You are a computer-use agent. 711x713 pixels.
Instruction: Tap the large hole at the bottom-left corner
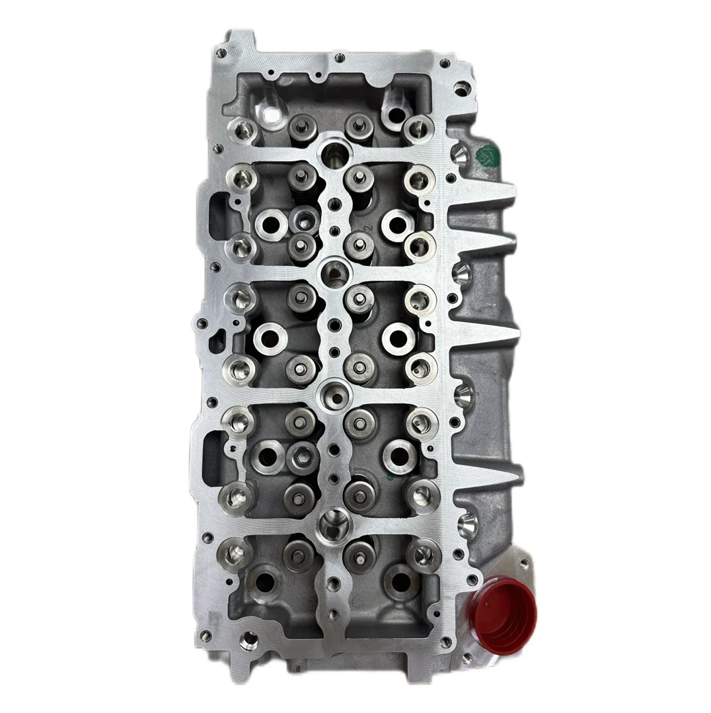(249, 640)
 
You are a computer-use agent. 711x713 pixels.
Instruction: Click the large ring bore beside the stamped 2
(396, 224)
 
